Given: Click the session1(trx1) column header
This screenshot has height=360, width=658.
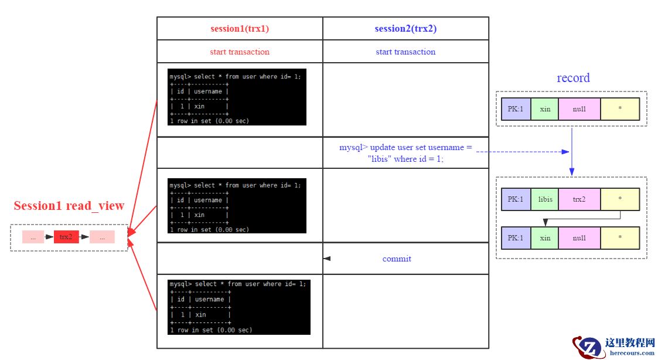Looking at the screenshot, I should click(x=240, y=29).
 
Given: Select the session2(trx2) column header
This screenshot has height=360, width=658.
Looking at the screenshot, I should click(x=405, y=29).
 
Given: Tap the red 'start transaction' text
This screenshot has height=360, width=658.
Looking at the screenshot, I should click(x=240, y=52).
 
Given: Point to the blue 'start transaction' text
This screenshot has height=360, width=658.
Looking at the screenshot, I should click(x=405, y=52).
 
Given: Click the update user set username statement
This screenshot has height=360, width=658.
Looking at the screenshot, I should click(x=405, y=153).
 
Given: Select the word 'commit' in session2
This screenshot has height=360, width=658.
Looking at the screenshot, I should click(x=397, y=259).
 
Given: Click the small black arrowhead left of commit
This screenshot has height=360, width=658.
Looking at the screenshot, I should click(x=327, y=259).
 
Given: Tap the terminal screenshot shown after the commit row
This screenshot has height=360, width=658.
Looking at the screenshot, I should click(x=239, y=307).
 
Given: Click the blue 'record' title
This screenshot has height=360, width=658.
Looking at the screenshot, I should click(x=573, y=78).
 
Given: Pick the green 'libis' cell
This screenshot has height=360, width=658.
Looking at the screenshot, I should click(x=545, y=199).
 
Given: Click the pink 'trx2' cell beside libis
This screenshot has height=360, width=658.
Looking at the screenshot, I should click(x=579, y=199).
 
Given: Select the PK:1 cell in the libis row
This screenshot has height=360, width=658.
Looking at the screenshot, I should click(x=516, y=199).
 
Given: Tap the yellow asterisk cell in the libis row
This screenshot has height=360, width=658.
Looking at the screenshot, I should click(x=619, y=199).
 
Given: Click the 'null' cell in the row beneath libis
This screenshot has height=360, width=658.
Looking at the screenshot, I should click(x=579, y=238).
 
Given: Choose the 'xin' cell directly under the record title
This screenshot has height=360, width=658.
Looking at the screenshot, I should click(x=545, y=109).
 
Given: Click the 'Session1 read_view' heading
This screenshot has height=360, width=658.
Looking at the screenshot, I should click(x=69, y=206).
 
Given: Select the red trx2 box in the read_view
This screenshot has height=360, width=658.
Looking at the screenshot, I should click(x=66, y=237).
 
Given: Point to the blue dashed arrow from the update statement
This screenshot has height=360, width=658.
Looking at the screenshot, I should click(x=521, y=152).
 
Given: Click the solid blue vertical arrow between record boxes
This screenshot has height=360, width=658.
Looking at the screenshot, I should click(x=572, y=151).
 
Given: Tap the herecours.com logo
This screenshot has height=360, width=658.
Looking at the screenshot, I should click(x=615, y=347).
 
